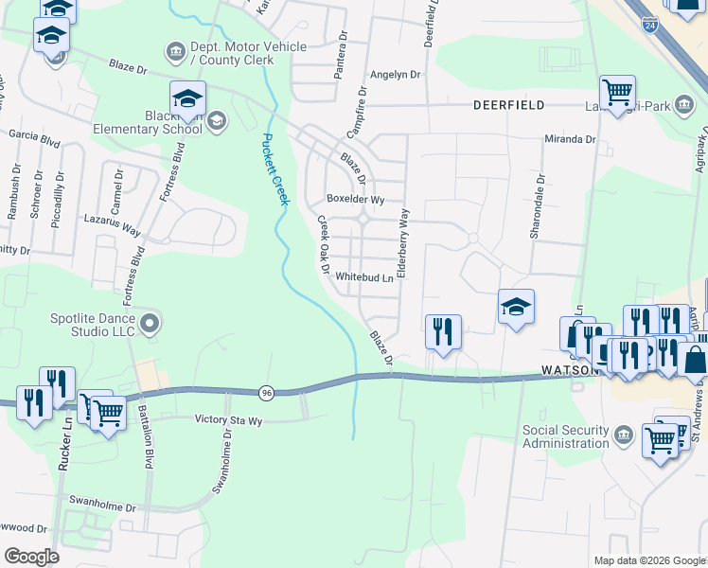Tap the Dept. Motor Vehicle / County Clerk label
tap(249, 53)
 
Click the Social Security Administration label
tap(566, 436)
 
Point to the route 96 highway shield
tap(266, 391)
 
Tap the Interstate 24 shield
tap(649, 26)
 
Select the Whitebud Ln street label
tap(363, 277)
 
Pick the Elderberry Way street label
tap(403, 241)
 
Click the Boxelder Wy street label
tap(355, 200)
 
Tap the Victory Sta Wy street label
tap(240, 418)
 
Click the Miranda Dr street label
tap(570, 139)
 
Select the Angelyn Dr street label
tap(396, 74)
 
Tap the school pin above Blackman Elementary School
tap(187, 98)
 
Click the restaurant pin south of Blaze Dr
tap(443, 331)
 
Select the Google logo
tap(31, 557)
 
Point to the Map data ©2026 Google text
tap(648, 560)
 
